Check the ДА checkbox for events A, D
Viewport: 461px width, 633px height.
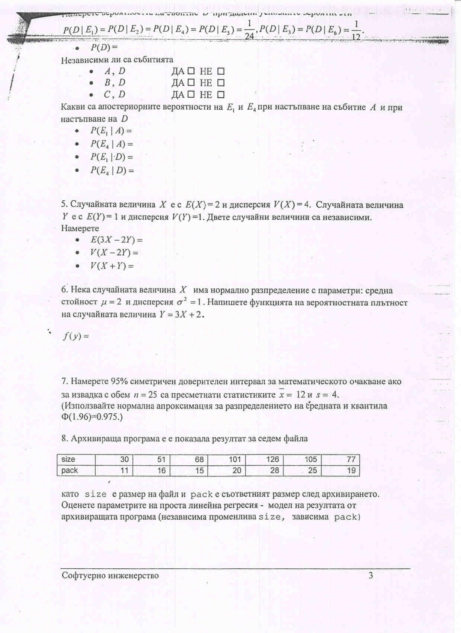click(191, 71)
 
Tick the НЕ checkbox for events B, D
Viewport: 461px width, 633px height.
click(221, 83)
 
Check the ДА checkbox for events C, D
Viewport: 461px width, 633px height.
click(191, 95)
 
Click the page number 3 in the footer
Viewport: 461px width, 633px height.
click(371, 576)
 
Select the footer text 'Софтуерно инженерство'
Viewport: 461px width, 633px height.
click(110, 576)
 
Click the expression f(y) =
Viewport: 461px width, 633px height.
click(76, 336)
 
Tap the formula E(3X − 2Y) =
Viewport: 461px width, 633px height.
click(116, 240)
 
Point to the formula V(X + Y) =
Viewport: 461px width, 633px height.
click(112, 266)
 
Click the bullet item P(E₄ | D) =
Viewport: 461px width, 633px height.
click(112, 171)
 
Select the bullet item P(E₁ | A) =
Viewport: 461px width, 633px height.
click(111, 131)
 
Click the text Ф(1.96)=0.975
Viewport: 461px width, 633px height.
click(91, 417)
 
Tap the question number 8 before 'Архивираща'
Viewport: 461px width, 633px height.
click(65, 439)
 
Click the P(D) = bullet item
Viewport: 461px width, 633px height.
click(104, 48)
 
